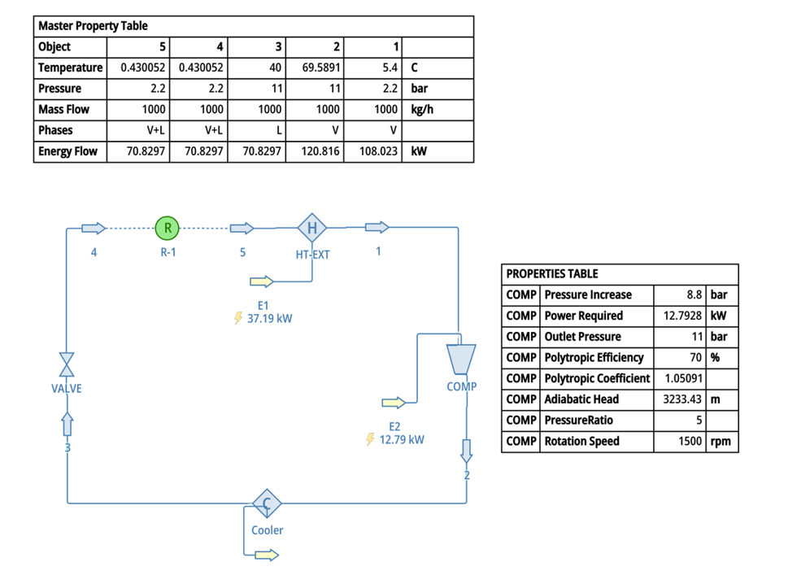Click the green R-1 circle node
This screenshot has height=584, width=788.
168,228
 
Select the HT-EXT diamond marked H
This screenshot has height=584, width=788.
311,228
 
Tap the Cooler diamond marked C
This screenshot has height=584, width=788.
266,504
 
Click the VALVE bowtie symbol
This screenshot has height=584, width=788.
67,364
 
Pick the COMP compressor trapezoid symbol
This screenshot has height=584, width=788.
461,359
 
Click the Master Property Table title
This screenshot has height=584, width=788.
94,26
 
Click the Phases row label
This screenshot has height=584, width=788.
55,130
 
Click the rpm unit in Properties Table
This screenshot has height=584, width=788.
721,442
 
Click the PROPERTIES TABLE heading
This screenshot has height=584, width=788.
552,274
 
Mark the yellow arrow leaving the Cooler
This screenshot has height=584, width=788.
266,556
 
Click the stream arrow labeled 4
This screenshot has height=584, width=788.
94,228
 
